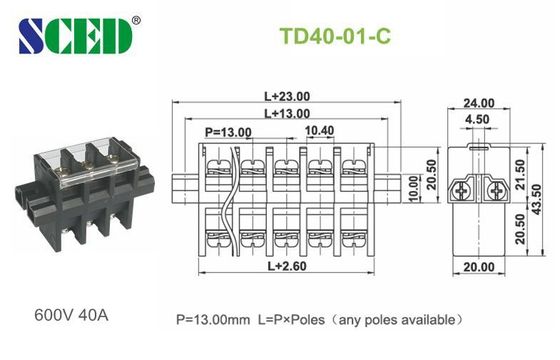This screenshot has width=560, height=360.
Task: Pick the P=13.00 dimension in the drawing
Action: click(x=229, y=132)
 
